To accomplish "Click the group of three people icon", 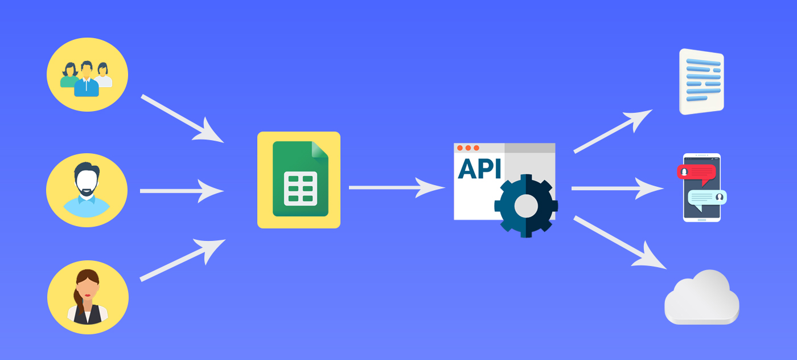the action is coord(87,79).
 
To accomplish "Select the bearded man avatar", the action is coord(87,190).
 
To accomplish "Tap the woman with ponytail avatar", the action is coord(88,297).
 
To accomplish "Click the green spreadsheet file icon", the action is coord(301,179).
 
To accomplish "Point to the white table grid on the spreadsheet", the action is coord(301,189).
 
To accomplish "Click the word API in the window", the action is coord(479,169).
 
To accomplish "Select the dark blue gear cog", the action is coord(526,206).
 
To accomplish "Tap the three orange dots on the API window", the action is coord(468,148).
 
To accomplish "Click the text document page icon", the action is coord(701,81).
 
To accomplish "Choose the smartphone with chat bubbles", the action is coord(701,187).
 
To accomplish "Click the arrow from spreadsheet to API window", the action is coord(397,187).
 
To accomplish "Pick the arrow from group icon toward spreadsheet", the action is coord(182,118).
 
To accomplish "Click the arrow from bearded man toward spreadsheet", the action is coord(182,191).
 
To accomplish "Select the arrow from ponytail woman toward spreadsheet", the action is coord(183,260).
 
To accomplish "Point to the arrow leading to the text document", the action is coord(613,132).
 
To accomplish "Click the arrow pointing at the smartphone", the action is coord(618,189).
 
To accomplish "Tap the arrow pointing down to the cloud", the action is coord(620,242).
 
